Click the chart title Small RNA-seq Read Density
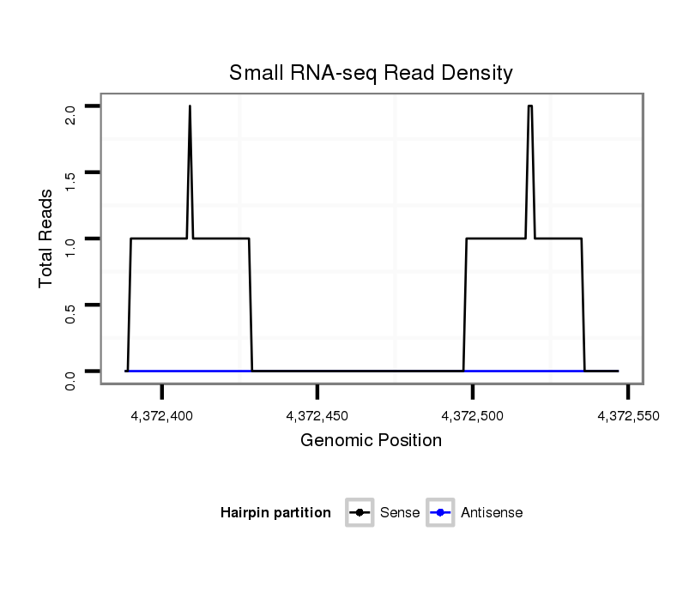coord(371,73)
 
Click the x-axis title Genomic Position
coord(371,441)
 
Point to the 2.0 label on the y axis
coord(71,113)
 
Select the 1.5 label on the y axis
coord(71,179)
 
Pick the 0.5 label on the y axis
coord(71,311)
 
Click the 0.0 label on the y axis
coord(71,378)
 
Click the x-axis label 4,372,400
coord(162,416)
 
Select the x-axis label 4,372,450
coord(317,416)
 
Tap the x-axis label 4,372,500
coord(474,416)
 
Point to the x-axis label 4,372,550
coord(629,416)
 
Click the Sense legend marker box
coord(359,513)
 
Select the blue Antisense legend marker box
coord(439,513)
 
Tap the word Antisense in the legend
coord(491,513)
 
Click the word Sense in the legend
coord(400,513)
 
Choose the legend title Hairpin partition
coord(275,513)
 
